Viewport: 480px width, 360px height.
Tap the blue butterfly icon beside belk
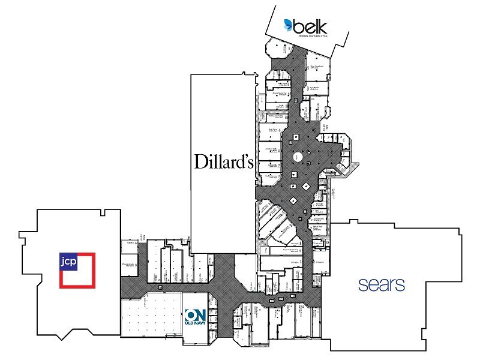coord(289,25)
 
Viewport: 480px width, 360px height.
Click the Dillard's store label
coord(222,161)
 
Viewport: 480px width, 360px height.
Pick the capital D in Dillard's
coord(199,161)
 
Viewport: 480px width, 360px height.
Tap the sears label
coord(382,284)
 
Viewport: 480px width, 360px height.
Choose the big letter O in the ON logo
coord(191,315)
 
